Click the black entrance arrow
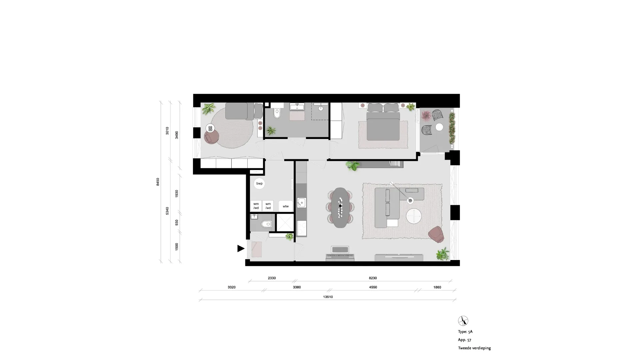pyautogui.click(x=240, y=248)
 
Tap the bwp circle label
pyautogui.click(x=259, y=184)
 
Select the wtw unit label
pyautogui.click(x=286, y=206)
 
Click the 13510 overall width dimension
pyautogui.click(x=328, y=297)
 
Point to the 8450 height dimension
pyautogui.click(x=158, y=182)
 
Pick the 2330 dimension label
pyautogui.click(x=272, y=278)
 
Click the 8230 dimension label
pyautogui.click(x=373, y=278)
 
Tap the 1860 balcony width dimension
pyautogui.click(x=437, y=287)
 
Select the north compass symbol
pyautogui.click(x=463, y=321)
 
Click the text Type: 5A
pyautogui.click(x=465, y=332)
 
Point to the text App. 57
pyautogui.click(x=465, y=340)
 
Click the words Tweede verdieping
pyautogui.click(x=474, y=348)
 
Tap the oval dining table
pyautogui.click(x=340, y=208)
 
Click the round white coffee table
pyautogui.click(x=414, y=216)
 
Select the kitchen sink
pyautogui.click(x=302, y=203)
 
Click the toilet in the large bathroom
pyautogui.click(x=276, y=114)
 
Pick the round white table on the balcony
pyautogui.click(x=439, y=127)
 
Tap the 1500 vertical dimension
pyautogui.click(x=177, y=247)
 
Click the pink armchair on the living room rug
pyautogui.click(x=436, y=234)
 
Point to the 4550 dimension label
pyautogui.click(x=373, y=287)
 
